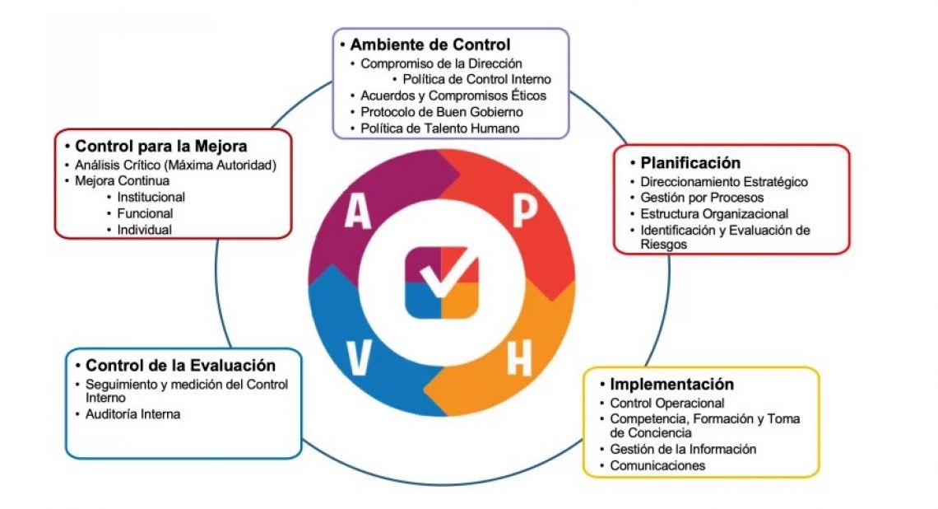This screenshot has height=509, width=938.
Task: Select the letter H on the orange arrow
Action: (518, 358)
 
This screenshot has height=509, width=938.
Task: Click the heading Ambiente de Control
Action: (430, 44)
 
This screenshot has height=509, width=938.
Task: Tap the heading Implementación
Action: (671, 385)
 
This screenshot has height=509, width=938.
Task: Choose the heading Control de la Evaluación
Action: (180, 366)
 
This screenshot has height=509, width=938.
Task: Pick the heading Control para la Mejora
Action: (161, 147)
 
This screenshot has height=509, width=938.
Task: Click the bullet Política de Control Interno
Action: (476, 79)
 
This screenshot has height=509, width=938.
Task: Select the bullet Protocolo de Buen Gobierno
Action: (442, 112)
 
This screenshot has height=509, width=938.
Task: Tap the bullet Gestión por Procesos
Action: (702, 198)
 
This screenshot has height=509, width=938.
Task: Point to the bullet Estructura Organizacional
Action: (714, 214)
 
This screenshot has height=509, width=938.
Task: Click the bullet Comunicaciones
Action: (657, 465)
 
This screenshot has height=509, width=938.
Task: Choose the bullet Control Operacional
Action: (666, 403)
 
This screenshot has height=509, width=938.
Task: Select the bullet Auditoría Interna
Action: (132, 414)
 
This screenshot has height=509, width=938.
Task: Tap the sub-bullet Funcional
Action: (145, 213)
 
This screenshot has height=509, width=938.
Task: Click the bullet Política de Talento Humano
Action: (440, 128)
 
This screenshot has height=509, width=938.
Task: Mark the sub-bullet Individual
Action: (144, 230)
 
